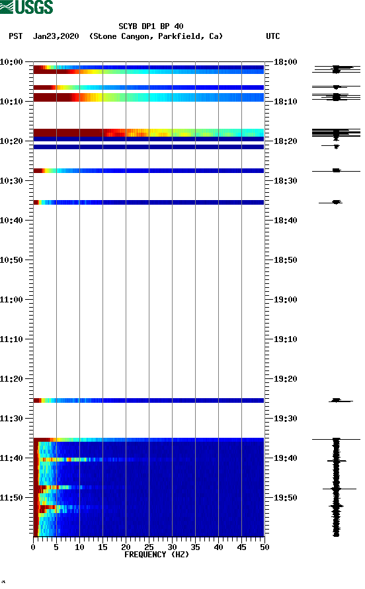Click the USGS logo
pos(26,7)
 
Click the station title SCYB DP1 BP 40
pos(151,26)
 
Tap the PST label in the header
pos(16,36)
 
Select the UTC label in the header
pos(273,36)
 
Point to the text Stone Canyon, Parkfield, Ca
pos(156,36)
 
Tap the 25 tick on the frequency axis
pos(149,547)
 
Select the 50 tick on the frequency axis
pos(264,547)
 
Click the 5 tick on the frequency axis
pos(56,547)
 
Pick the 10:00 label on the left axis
pos(12,62)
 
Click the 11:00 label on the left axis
pos(12,300)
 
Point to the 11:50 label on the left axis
pos(12,498)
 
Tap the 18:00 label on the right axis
pos(286,62)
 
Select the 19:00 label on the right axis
pos(286,300)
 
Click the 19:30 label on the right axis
pos(286,419)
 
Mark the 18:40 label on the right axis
pos(286,221)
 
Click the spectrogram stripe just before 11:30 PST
pos(149,400)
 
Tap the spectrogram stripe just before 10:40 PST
pos(149,202)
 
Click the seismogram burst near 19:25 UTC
pos(336,400)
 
